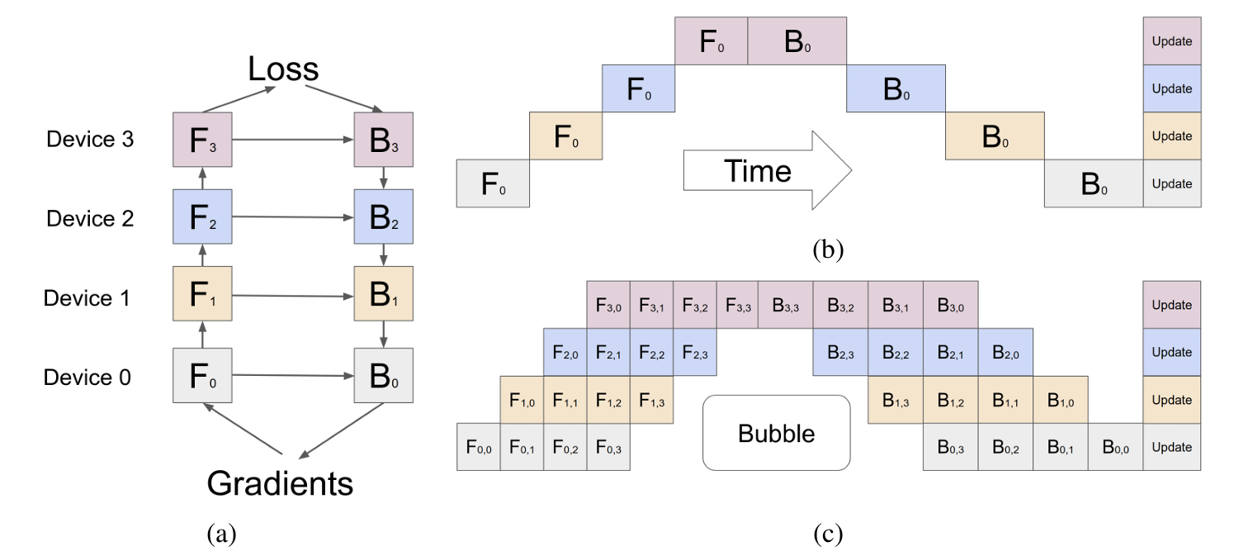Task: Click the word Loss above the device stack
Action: [x=283, y=69]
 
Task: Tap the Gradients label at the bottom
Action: [x=280, y=483]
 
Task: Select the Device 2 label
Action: [x=90, y=218]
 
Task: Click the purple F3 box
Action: [x=202, y=140]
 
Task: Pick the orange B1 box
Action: [x=384, y=293]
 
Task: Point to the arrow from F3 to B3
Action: [x=293, y=140]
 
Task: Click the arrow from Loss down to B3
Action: [x=344, y=98]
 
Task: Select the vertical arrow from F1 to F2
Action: [x=202, y=254]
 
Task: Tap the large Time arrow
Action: [x=768, y=170]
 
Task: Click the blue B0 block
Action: [x=896, y=88]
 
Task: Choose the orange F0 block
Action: [x=566, y=136]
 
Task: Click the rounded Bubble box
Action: [x=777, y=433]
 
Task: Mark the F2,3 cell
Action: [x=695, y=352]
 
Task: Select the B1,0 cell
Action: [x=1061, y=400]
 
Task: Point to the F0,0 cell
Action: [x=479, y=447]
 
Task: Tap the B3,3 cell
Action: [x=785, y=305]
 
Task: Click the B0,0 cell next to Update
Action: [x=1115, y=447]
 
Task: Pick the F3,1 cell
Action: [x=651, y=305]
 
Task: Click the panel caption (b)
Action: [x=828, y=249]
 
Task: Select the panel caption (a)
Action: [x=221, y=533]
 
